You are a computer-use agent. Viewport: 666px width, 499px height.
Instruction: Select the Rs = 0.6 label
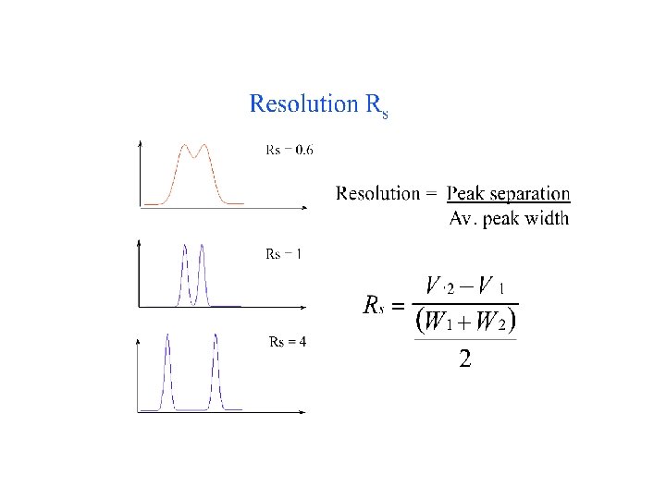(x=289, y=151)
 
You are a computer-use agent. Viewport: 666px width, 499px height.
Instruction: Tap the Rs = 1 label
(x=283, y=254)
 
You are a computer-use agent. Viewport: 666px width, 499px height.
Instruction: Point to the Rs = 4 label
(x=287, y=341)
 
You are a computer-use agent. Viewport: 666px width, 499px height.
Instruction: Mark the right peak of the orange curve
(x=204, y=146)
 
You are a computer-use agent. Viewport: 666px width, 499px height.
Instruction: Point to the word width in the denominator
(x=545, y=219)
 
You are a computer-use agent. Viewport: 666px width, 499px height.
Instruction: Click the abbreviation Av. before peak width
(x=462, y=219)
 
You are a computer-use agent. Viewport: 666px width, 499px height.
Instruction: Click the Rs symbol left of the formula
(x=373, y=306)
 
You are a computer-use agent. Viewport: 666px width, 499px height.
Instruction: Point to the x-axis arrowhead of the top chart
(x=307, y=205)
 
